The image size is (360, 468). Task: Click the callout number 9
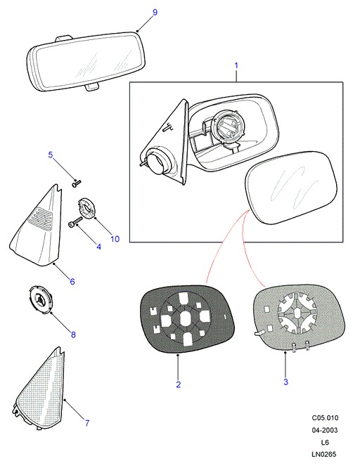click(x=155, y=13)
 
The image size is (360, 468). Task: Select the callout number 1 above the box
click(x=236, y=65)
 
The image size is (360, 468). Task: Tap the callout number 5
click(x=51, y=155)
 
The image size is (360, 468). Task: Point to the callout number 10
click(x=115, y=239)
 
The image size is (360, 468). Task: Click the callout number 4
click(x=98, y=247)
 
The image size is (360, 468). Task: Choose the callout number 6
click(x=72, y=281)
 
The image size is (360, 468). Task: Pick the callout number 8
click(x=73, y=334)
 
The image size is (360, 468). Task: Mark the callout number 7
click(x=87, y=422)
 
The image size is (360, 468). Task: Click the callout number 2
click(x=179, y=384)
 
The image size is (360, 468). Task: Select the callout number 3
click(x=285, y=382)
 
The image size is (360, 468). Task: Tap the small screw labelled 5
click(x=77, y=183)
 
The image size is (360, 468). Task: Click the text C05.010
click(x=325, y=418)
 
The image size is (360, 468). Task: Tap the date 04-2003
click(x=325, y=430)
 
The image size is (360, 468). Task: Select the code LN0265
click(x=324, y=454)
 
